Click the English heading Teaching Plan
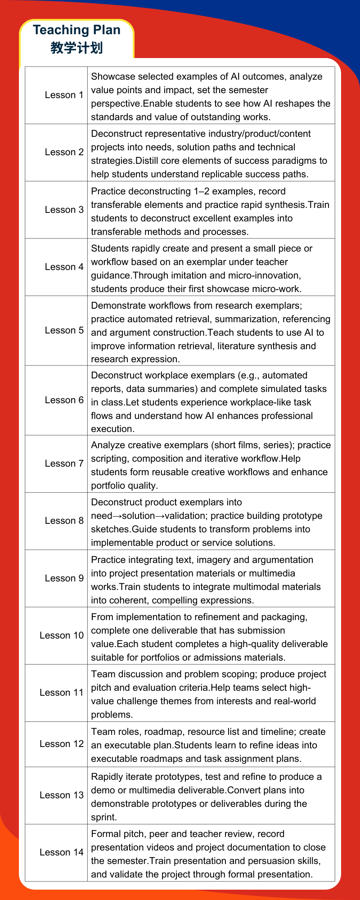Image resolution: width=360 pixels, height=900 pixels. pos(76,30)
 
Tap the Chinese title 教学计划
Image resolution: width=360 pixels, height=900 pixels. pos(76,48)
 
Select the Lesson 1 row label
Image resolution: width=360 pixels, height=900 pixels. pos(64,95)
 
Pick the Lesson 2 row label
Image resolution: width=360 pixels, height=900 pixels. pos(64,152)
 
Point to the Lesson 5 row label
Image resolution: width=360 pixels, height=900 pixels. pos(64,330)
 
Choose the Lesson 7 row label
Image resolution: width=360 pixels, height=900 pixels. pos(64,463)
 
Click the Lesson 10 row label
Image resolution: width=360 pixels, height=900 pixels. pos(62,635)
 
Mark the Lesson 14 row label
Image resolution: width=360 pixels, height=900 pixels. pos(62,852)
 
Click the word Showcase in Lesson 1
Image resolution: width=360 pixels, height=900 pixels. pos(110,76)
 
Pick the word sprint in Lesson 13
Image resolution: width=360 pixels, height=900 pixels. pos(103,817)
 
